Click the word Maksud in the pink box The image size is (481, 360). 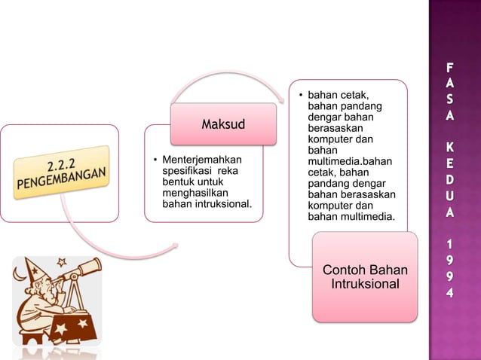223,124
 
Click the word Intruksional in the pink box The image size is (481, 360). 365,285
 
